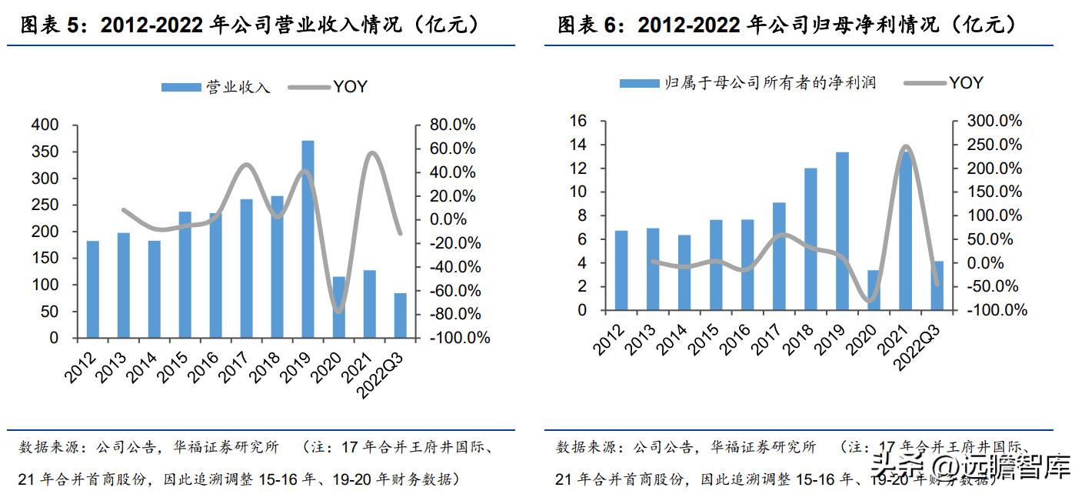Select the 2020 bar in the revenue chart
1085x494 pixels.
click(338, 307)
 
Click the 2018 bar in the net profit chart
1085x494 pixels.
click(810, 239)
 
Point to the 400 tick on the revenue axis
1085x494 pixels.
click(43, 125)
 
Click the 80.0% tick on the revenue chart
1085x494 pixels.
click(453, 125)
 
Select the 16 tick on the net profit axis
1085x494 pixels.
click(577, 121)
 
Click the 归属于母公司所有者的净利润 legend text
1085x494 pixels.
click(770, 83)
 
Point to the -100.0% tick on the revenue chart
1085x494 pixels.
click(459, 338)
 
